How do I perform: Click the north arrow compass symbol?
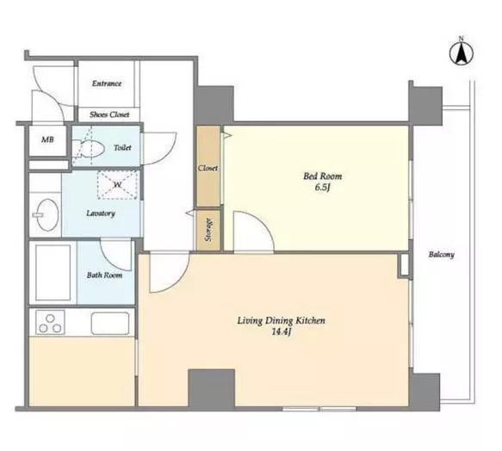click(462, 53)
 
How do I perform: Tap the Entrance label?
click(107, 83)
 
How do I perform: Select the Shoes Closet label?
click(109, 114)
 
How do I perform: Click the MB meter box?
click(47, 140)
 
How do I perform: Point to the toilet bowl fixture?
click(89, 149)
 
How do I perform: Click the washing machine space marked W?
click(118, 185)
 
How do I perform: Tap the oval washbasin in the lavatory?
click(46, 214)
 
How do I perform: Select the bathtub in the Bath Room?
click(53, 272)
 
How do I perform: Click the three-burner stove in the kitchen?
click(50, 323)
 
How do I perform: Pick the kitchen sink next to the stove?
click(110, 324)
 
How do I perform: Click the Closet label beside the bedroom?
click(208, 168)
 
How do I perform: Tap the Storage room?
click(208, 230)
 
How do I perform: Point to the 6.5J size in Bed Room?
click(322, 188)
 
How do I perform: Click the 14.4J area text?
click(282, 332)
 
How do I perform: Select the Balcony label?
click(442, 255)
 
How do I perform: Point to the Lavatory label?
click(101, 213)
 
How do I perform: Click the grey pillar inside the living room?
click(211, 388)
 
